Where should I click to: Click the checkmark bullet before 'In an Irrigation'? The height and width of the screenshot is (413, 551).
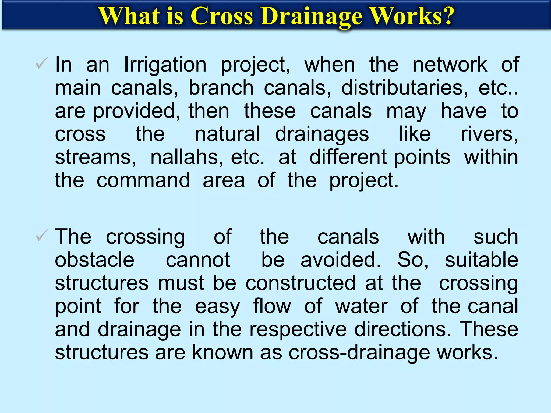click(x=42, y=63)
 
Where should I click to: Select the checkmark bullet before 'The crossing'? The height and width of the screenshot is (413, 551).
click(x=42, y=236)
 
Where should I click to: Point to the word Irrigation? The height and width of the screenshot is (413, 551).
click(x=165, y=65)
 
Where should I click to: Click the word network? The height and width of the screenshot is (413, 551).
click(x=450, y=65)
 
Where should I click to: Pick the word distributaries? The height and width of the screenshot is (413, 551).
click(x=405, y=88)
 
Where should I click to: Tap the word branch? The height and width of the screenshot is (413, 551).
click(x=221, y=88)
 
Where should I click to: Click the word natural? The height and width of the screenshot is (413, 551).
click(x=227, y=134)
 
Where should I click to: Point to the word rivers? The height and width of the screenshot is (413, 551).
click(x=489, y=134)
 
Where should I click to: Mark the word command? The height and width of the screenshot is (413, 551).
click(x=143, y=180)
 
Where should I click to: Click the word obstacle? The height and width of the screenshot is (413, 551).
click(x=94, y=260)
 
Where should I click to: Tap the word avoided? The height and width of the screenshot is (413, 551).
click(x=340, y=260)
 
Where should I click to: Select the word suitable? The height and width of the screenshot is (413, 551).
click(x=481, y=260)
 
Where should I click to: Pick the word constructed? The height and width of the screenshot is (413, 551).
click(x=301, y=283)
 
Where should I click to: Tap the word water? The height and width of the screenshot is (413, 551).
click(x=361, y=306)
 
